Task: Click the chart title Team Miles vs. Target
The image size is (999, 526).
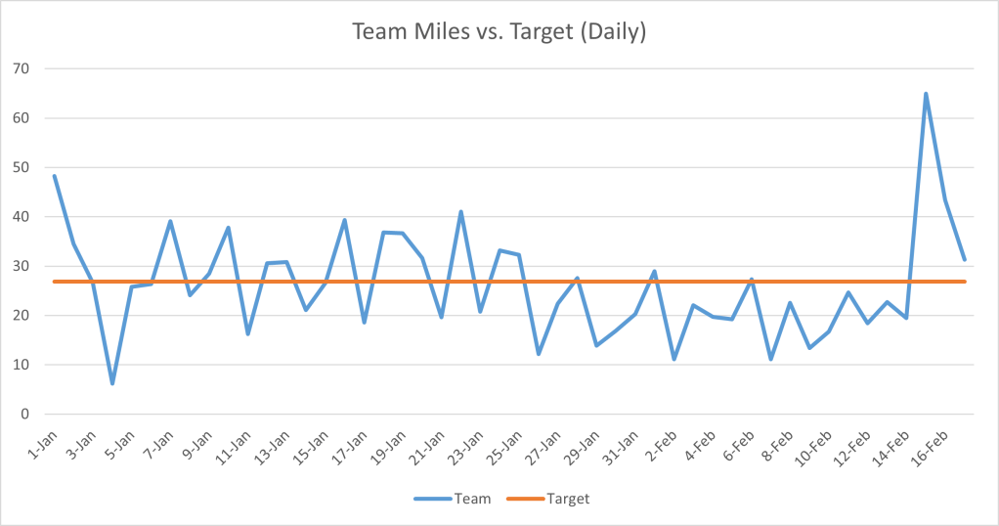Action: [x=499, y=31]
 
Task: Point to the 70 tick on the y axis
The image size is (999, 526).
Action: [x=22, y=68]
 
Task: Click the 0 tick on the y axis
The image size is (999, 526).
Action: [x=25, y=415]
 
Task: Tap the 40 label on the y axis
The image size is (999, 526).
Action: [x=22, y=217]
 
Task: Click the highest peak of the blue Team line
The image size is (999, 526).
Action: [x=926, y=94]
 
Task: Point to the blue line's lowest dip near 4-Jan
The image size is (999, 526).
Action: [x=112, y=383]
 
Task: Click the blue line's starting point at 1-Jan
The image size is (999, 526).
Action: [x=55, y=176]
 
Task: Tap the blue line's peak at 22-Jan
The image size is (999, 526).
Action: [x=461, y=211]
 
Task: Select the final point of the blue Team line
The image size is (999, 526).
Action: [x=965, y=259]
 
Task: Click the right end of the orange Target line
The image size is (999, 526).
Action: [x=965, y=282]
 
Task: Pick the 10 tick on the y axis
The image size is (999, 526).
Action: [x=22, y=365]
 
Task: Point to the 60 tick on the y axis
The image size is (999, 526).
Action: [x=22, y=118]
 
